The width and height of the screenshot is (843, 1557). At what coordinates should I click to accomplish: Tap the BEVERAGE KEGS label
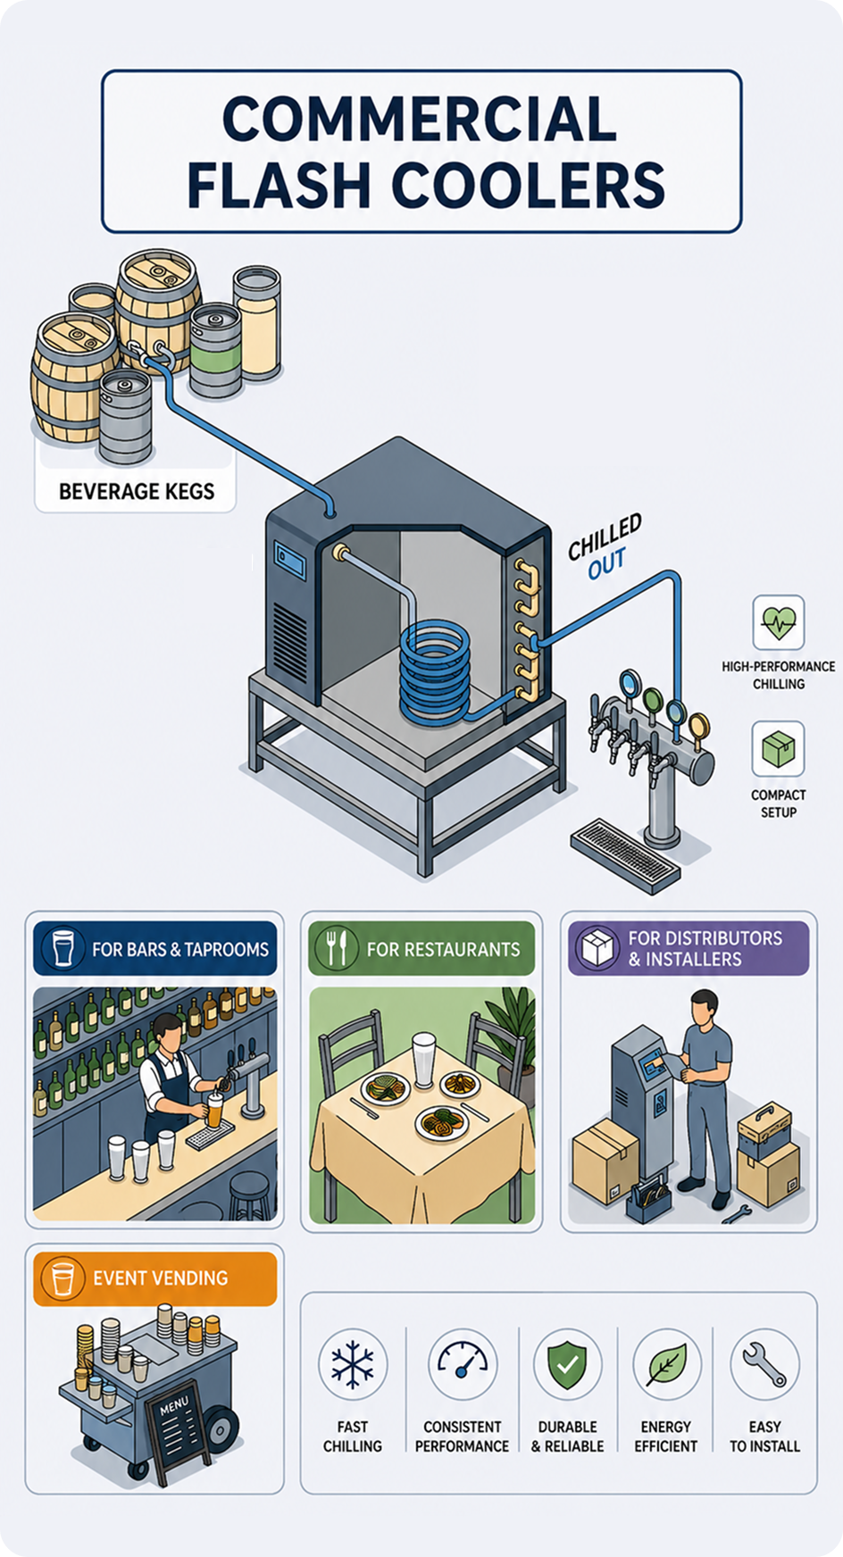coord(137,491)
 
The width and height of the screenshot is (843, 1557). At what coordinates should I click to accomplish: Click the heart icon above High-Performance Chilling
coord(779,622)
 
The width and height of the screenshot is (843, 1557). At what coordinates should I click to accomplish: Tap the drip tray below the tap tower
coord(625,855)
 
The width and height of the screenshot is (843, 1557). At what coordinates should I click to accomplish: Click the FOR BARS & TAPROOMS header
coord(155,948)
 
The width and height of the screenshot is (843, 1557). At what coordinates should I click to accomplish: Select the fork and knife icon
coord(337,948)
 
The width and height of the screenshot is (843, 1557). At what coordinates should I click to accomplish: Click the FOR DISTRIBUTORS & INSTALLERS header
coord(689,948)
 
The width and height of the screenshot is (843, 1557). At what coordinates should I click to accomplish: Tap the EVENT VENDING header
coord(155,1278)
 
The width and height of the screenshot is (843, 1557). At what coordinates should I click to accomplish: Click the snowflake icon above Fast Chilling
coord(353,1364)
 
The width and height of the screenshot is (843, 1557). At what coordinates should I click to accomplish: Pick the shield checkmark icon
coord(568,1364)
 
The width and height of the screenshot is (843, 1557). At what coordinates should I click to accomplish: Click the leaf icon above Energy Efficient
coord(666,1364)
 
